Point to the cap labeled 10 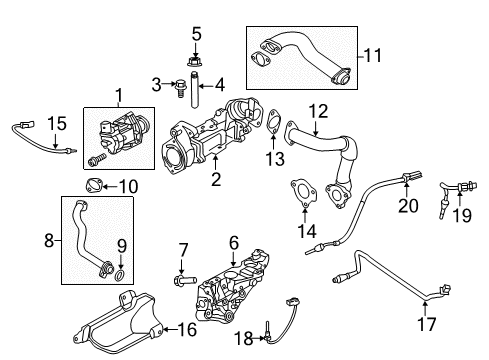click(x=95, y=186)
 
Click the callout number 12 click(x=318, y=110)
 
